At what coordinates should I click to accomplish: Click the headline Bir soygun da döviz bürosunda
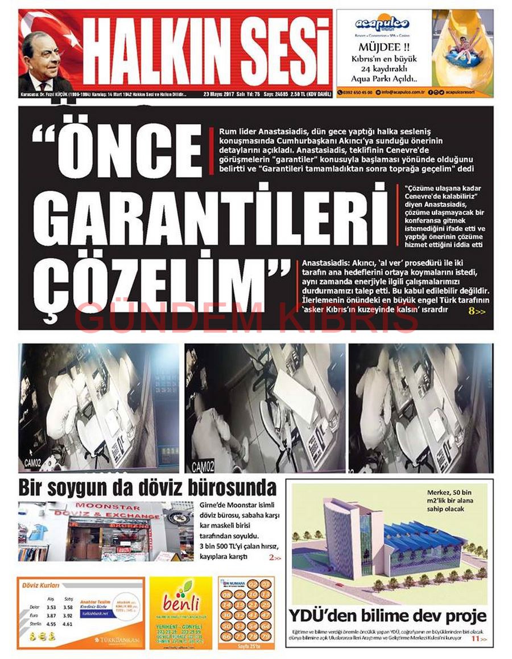tap(147, 488)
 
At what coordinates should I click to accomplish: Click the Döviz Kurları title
tap(40, 585)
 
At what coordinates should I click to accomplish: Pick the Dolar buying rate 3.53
tap(51, 607)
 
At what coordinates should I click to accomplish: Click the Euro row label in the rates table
tap(34, 616)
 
